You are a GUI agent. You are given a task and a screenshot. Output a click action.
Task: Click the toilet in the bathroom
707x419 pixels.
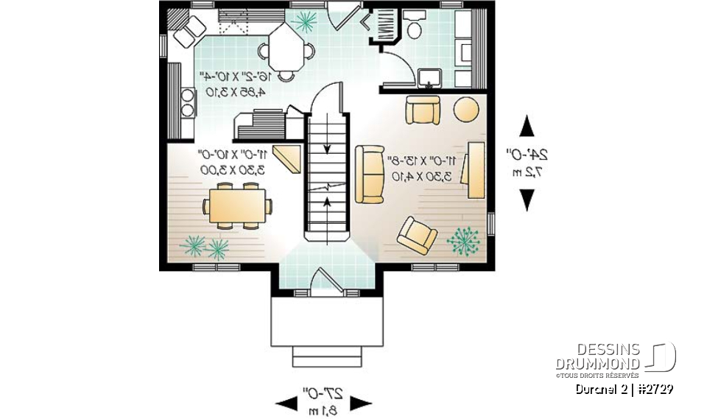coord(415,27)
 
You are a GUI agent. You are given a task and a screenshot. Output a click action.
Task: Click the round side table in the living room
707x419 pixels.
coord(465,110)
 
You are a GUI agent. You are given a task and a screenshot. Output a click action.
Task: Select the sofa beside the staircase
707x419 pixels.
coord(370,174)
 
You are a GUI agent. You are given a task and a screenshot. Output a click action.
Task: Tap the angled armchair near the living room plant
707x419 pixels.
coord(417,235)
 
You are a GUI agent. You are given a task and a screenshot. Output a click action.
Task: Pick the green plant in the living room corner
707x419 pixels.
coord(463,241)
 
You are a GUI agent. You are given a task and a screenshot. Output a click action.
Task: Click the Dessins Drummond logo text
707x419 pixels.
coord(597,357)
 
